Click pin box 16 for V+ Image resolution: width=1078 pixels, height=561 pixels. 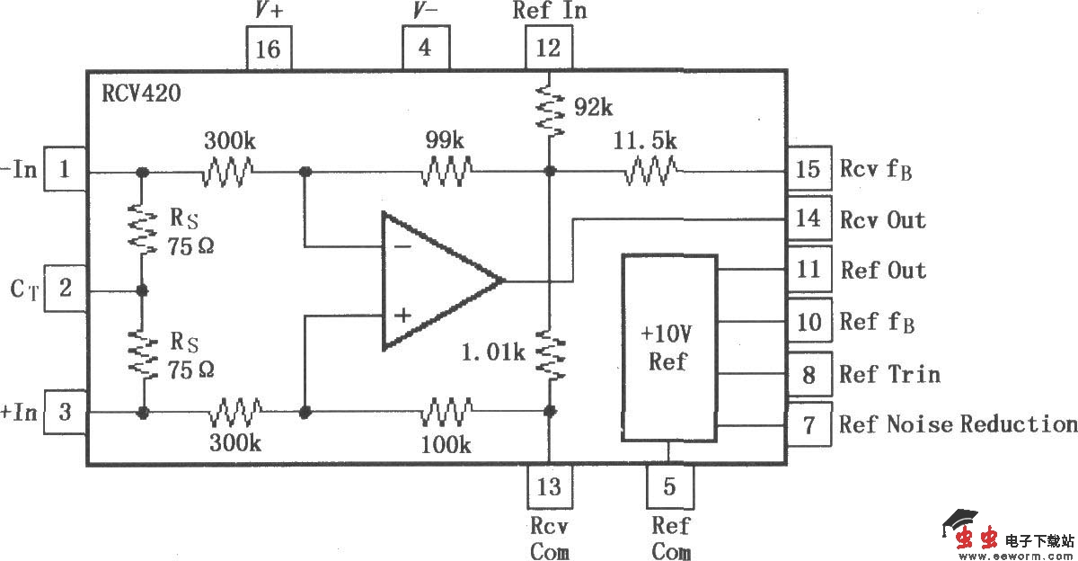coord(269,48)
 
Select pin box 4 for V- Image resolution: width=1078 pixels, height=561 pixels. coord(424,48)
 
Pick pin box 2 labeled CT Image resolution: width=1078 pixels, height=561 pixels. coord(65,289)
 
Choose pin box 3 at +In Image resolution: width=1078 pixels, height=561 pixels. coord(65,412)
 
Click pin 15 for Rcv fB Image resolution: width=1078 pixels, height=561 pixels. coord(809,169)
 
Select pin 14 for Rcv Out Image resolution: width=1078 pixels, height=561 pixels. coord(809,219)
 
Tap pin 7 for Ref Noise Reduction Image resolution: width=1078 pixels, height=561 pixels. coord(809,423)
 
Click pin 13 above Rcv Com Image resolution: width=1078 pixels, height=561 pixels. coord(549,486)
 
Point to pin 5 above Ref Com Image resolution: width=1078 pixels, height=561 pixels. coord(669,486)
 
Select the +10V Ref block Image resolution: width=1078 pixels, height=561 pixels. coord(669,348)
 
